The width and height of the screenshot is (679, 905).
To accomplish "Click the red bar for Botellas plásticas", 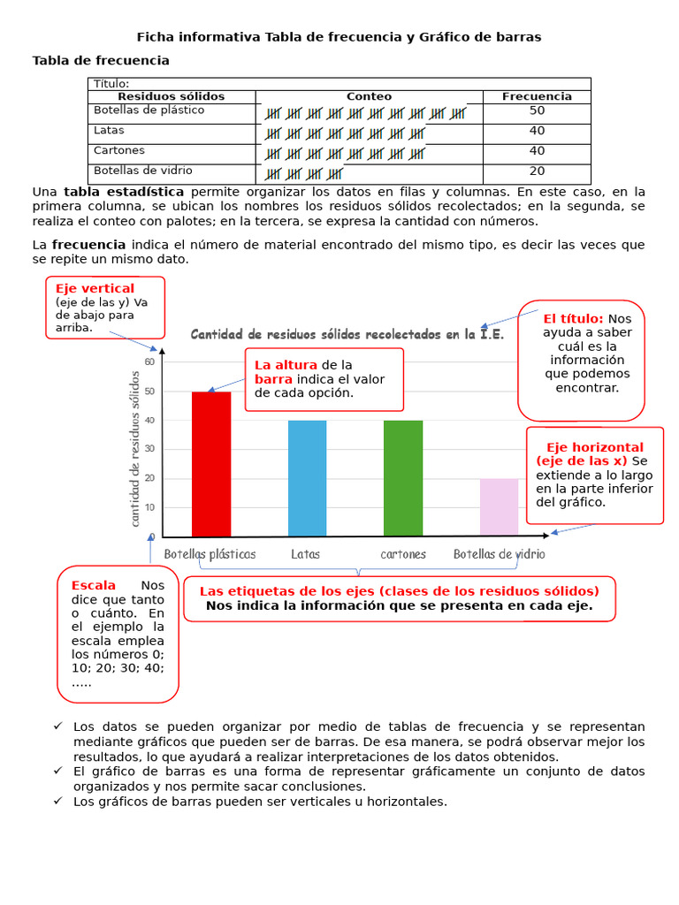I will [x=211, y=464].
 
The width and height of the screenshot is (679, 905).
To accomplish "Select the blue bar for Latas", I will [x=307, y=478].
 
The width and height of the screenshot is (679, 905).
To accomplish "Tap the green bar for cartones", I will [x=402, y=478].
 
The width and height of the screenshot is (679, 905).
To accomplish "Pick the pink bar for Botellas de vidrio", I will [x=499, y=506].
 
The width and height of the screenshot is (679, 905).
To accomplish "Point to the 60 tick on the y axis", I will [x=149, y=361].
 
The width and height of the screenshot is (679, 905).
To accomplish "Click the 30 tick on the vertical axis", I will [x=149, y=449].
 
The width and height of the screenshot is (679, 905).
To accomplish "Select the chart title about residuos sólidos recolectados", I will [x=347, y=334].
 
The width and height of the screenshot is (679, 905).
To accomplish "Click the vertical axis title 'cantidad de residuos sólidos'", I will [x=134, y=449].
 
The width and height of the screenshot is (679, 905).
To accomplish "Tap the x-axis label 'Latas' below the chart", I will [x=305, y=554].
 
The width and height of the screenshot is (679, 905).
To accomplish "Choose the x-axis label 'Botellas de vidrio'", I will [x=499, y=554].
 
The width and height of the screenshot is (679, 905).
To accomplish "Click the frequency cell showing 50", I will [x=537, y=111].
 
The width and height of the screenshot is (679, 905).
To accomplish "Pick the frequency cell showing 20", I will [x=537, y=171].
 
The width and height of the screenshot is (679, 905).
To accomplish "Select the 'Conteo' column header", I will [x=369, y=96].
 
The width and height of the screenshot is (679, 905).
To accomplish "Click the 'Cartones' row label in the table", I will [x=119, y=151].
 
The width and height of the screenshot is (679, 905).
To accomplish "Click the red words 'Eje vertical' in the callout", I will [x=95, y=289].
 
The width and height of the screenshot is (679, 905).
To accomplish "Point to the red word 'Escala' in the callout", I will [x=93, y=585].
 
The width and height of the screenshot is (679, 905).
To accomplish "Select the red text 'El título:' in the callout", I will [x=573, y=318].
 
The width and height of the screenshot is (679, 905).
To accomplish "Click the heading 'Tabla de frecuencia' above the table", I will [x=101, y=60].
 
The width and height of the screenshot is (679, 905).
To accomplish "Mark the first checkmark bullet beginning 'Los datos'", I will [x=57, y=726].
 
